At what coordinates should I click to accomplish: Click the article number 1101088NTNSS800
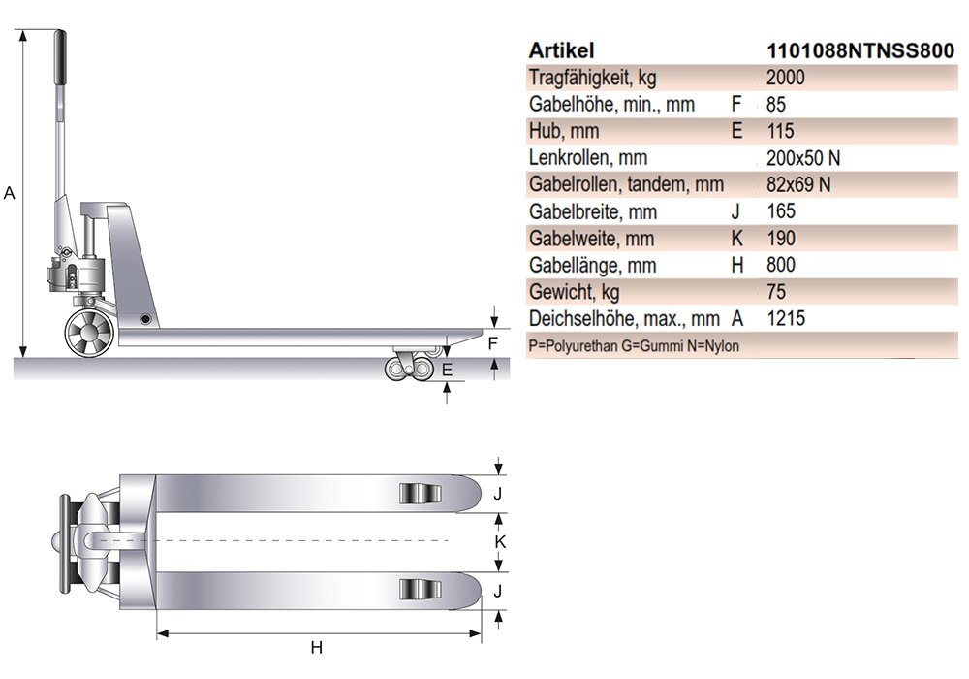click(860, 50)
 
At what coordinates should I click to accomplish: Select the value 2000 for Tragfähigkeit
click(786, 78)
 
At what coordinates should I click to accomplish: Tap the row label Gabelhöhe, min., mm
click(611, 105)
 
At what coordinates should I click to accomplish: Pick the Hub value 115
click(780, 131)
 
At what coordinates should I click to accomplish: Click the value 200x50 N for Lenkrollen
click(803, 158)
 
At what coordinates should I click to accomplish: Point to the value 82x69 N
click(798, 184)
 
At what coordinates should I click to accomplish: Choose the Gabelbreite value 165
click(781, 211)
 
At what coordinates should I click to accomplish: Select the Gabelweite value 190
click(781, 238)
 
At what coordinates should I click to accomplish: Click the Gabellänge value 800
click(781, 265)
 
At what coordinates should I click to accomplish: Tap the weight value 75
click(776, 292)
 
